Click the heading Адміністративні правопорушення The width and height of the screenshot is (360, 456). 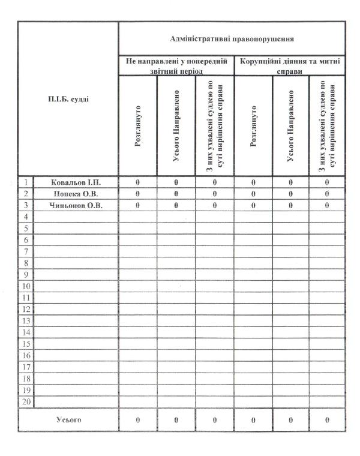click(232, 38)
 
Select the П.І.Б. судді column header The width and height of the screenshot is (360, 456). click(68, 99)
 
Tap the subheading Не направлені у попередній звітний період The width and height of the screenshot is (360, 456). click(176, 65)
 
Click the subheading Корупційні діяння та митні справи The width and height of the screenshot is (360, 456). click(290, 65)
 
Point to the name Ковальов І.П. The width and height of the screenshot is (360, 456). click(76, 181)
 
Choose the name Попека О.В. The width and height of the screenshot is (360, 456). click(76, 193)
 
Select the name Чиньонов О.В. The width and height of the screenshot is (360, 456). click(76, 205)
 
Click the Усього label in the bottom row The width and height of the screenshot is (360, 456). click(68, 420)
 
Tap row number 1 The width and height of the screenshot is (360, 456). click(26, 181)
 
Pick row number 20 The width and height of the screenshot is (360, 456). click(26, 401)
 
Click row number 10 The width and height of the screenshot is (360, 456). click(26, 286)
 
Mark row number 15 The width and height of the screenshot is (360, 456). click(26, 344)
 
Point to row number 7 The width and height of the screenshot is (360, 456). click(26, 251)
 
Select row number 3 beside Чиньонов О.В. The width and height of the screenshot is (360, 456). click(26, 205)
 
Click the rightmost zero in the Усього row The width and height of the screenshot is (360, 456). click(327, 420)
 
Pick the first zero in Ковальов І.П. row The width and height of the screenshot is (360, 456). click(138, 181)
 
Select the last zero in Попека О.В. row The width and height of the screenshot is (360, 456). click(327, 193)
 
